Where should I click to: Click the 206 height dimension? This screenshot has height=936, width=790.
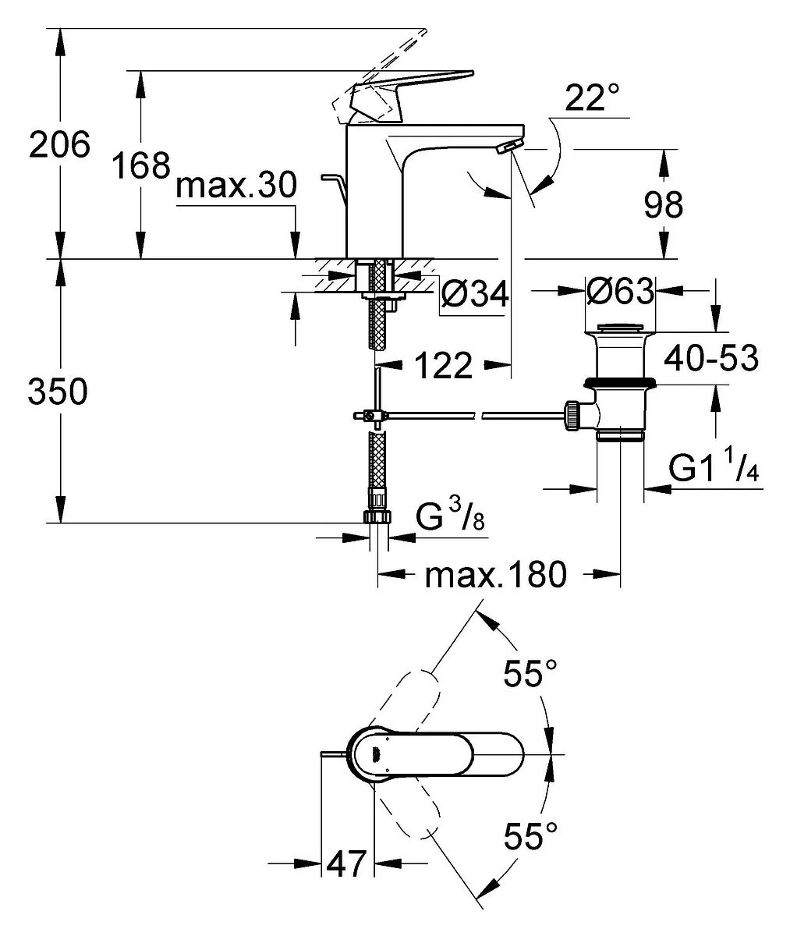[59, 144]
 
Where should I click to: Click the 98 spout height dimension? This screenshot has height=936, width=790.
[664, 204]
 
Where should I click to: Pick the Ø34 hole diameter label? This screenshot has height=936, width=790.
[475, 295]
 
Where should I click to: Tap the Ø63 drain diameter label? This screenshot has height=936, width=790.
[620, 292]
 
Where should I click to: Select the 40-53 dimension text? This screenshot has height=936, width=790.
[711, 358]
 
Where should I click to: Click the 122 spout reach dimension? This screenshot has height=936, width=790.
[444, 365]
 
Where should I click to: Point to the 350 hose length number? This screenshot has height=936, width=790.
[58, 392]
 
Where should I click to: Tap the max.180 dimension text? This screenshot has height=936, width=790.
[496, 575]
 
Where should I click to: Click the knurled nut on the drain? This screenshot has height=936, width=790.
[572, 417]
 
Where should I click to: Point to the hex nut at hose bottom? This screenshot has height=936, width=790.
[378, 517]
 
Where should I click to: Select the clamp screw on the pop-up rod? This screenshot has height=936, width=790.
[369, 416]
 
